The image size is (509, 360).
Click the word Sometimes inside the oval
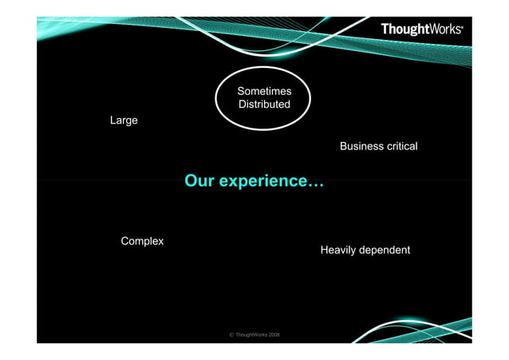click(x=264, y=92)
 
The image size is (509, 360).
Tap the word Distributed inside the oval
click(x=264, y=105)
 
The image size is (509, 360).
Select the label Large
click(x=124, y=121)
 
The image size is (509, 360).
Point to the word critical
click(x=402, y=147)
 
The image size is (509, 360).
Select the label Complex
click(x=142, y=241)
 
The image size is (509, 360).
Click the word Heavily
click(x=338, y=251)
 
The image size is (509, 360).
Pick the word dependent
click(x=385, y=251)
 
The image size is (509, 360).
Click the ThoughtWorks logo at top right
click(x=421, y=30)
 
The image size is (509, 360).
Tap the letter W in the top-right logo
click(x=432, y=30)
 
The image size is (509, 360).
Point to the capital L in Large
click(x=113, y=121)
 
